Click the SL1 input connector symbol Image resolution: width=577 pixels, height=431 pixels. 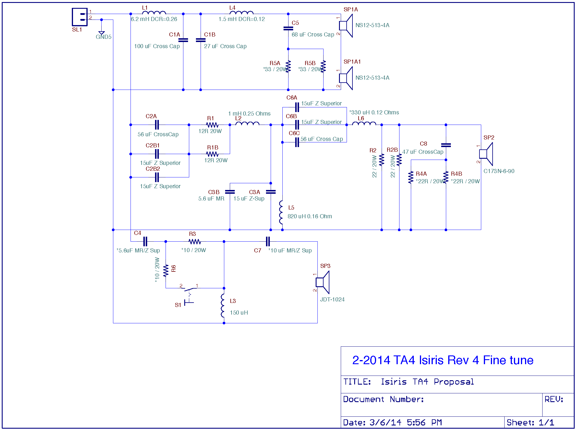[x=79, y=17]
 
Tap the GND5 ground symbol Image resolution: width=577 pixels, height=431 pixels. [x=101, y=33]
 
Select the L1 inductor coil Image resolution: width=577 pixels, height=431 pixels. [x=154, y=13]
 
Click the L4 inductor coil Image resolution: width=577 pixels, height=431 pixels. [x=241, y=13]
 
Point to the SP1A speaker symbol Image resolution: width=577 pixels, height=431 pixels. [x=346, y=26]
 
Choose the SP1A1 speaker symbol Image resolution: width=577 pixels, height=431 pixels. [x=346, y=78]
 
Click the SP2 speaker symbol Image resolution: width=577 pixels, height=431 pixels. [x=486, y=154]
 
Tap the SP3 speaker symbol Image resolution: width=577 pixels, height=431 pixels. [x=323, y=282]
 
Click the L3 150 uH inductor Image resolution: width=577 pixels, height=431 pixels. [x=223, y=306]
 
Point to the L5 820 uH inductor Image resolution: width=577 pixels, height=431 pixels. [x=281, y=212]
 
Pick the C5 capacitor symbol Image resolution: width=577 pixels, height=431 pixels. [x=288, y=28]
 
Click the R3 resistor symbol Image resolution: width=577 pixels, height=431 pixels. [x=195, y=242]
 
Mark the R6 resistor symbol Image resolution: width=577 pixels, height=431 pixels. [x=166, y=271]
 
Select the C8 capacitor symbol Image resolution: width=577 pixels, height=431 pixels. [x=446, y=145]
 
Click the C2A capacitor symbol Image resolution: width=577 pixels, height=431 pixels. [x=157, y=125]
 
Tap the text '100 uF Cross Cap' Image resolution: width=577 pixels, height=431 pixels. [x=157, y=46]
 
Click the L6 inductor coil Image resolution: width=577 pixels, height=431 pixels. [x=364, y=123]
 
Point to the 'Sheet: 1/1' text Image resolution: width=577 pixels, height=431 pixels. [x=530, y=423]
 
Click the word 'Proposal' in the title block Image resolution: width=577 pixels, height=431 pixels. [x=454, y=382]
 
